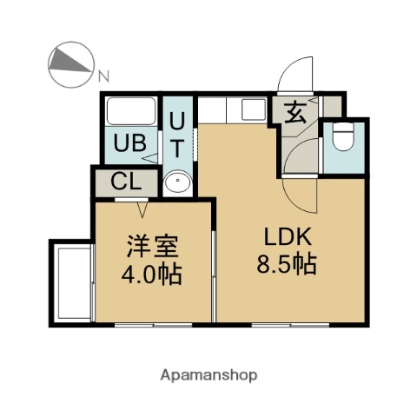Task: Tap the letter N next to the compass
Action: pos(105,76)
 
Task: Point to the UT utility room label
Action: pos(177,135)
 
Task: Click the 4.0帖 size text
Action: pos(150,276)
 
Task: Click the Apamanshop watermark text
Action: pos(208,375)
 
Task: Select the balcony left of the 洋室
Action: pos(72,282)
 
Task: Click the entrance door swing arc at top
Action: pos(297,75)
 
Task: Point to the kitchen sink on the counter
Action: pos(253,110)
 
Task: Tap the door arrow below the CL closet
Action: pos(142,209)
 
